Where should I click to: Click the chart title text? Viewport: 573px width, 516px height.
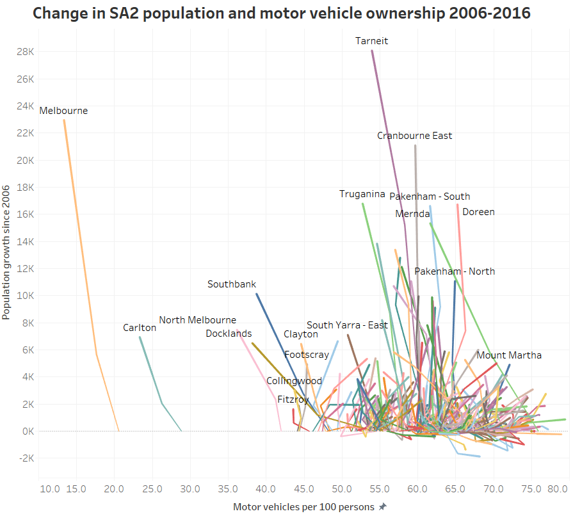click(282, 13)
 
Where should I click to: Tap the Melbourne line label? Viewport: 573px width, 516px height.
click(63, 111)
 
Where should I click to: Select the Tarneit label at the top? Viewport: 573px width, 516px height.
click(372, 41)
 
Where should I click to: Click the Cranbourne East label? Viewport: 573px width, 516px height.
click(414, 136)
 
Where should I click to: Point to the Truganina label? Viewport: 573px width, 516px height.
click(362, 194)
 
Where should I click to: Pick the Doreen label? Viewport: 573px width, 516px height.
click(478, 212)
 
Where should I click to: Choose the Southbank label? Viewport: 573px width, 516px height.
click(232, 284)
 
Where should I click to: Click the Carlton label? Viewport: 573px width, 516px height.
click(140, 328)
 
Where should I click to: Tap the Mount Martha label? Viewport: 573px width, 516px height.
click(509, 355)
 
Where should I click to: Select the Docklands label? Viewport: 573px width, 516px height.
click(229, 334)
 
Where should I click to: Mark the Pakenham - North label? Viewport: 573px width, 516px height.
click(455, 271)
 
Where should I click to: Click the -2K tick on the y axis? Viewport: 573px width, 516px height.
click(25, 458)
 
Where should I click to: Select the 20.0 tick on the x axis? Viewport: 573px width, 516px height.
click(114, 490)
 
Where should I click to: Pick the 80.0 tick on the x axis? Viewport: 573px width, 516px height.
click(557, 490)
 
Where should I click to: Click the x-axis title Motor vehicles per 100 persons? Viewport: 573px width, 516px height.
click(303, 507)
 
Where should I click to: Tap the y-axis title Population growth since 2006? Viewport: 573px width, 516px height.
click(6, 252)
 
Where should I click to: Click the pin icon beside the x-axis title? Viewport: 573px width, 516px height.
click(383, 507)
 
